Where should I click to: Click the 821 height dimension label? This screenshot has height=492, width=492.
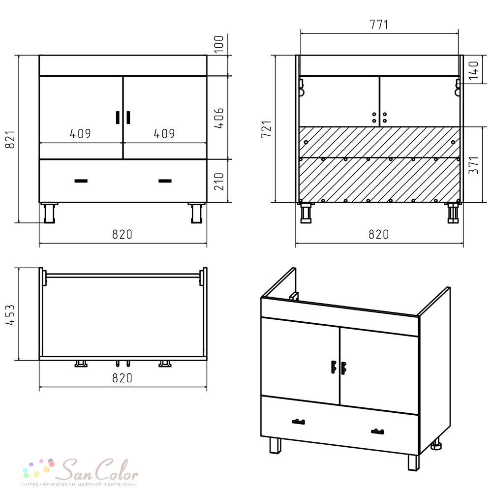(x=10, y=139)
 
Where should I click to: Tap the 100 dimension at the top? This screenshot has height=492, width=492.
(x=219, y=44)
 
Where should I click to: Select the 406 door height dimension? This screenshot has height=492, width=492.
(x=219, y=118)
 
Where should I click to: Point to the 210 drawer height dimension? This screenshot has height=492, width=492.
(x=219, y=182)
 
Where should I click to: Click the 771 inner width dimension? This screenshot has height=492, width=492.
(x=379, y=25)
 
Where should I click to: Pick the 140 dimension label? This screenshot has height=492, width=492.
(x=473, y=70)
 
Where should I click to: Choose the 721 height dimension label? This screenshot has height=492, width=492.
(x=266, y=128)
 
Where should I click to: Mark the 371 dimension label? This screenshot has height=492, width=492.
(x=473, y=165)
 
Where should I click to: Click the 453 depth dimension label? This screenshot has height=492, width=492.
(x=10, y=314)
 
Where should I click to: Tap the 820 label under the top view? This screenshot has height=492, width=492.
(x=123, y=378)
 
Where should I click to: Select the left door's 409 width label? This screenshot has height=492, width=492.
(x=80, y=134)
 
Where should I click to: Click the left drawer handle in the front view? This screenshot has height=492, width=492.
(x=81, y=181)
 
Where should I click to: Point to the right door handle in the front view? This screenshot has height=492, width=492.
(x=128, y=118)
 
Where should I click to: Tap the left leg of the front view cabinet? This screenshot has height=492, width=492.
(x=49, y=213)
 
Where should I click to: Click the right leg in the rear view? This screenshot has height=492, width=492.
(x=453, y=213)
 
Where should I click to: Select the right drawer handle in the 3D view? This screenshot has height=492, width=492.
(x=377, y=431)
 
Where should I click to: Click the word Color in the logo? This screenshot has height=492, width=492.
(x=117, y=470)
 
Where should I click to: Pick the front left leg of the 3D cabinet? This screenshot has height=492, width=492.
(x=276, y=446)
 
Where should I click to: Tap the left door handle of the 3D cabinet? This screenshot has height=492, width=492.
(x=334, y=367)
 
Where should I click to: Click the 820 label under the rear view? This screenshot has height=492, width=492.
(x=379, y=234)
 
